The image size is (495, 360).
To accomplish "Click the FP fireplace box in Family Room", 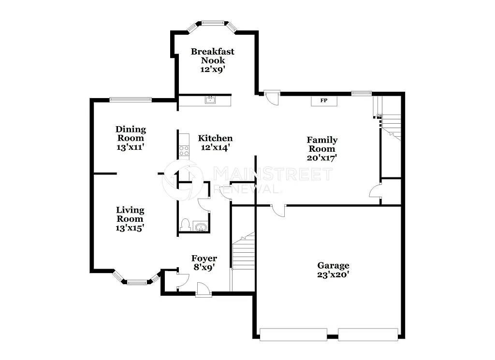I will (324, 101).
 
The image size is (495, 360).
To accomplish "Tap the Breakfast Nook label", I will (213, 56).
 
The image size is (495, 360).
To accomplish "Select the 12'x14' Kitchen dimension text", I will (215, 147).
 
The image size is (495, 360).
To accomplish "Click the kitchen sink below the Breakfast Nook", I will (210, 100).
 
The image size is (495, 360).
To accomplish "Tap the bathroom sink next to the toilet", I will (200, 226).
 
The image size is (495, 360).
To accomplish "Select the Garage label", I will (333, 265).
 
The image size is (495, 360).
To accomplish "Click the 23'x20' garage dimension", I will (333, 274).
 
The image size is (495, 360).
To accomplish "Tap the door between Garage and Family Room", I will (278, 210).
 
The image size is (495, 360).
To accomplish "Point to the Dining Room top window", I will (131, 100).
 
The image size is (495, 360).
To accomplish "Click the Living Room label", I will (130, 214).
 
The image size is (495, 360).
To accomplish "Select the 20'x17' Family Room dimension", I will (322, 157).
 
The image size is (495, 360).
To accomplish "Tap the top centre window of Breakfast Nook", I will (213, 22).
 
